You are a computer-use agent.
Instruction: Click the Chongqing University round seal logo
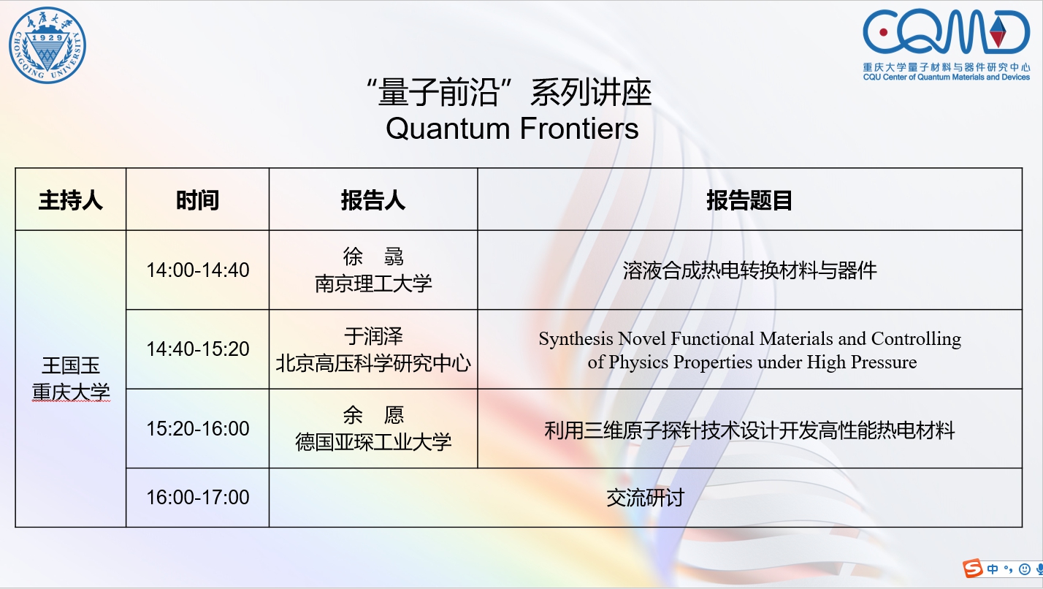(47, 45)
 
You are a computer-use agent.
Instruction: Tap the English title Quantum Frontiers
(512, 128)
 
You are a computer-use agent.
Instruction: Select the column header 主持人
(70, 200)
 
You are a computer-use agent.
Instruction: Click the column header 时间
(197, 200)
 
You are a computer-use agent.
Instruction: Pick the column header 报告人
(373, 200)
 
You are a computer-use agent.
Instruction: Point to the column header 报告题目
(749, 200)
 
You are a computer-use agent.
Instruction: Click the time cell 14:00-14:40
(198, 270)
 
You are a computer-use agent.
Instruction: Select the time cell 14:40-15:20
(198, 349)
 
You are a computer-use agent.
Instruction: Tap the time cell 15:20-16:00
(198, 429)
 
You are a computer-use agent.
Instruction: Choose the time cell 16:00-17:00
(198, 497)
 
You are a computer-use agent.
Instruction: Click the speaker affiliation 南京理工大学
(373, 284)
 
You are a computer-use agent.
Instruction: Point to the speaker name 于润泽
(373, 336)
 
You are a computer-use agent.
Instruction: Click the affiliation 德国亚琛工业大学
(373, 441)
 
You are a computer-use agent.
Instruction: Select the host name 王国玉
(71, 365)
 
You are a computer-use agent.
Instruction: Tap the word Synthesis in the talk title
(576, 339)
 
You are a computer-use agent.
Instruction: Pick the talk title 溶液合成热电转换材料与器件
(749, 270)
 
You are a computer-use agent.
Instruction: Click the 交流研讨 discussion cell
(645, 498)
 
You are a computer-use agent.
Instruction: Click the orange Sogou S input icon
(973, 569)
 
